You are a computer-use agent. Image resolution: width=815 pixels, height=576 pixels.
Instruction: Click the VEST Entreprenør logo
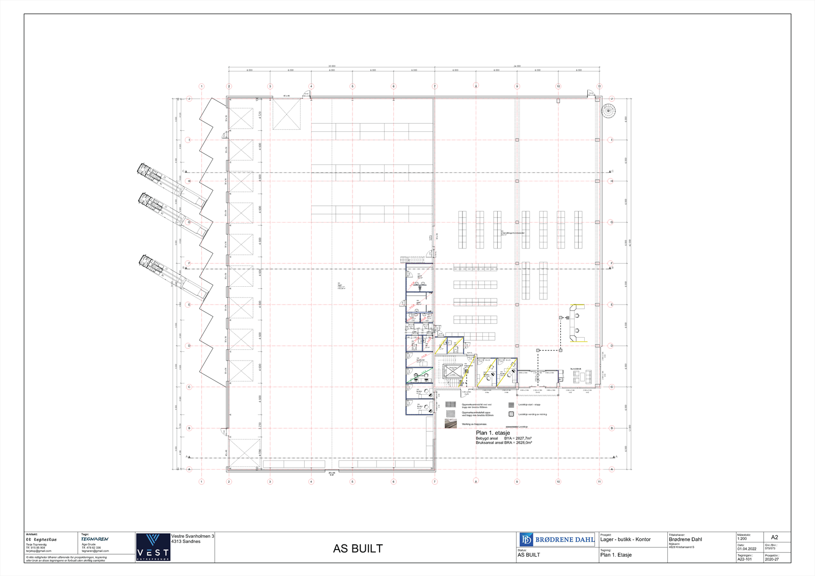(153, 547)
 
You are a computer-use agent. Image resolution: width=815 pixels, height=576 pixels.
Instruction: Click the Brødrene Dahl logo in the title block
(557, 539)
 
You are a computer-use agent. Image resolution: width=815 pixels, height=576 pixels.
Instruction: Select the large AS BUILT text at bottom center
(358, 548)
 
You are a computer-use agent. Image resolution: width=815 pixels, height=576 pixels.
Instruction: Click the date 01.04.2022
(746, 549)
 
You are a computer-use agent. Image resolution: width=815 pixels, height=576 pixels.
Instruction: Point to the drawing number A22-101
(744, 559)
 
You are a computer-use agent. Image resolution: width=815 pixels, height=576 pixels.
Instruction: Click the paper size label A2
(774, 537)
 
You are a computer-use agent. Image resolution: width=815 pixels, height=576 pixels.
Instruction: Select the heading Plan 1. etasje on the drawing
(493, 433)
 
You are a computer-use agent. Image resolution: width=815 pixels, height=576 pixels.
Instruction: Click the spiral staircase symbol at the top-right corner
(608, 111)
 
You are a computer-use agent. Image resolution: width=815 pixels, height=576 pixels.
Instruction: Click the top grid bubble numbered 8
(476, 86)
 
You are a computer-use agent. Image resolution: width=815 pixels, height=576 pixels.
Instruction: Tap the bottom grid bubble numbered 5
(352, 481)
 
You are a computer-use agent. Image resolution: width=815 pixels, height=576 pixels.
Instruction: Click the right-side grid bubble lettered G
(611, 222)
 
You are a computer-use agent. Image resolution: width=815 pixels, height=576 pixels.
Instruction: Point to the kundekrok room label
(576, 369)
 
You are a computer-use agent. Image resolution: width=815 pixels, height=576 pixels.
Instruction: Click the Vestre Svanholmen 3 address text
(193, 536)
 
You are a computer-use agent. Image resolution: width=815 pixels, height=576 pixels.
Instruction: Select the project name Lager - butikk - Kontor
(625, 539)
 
